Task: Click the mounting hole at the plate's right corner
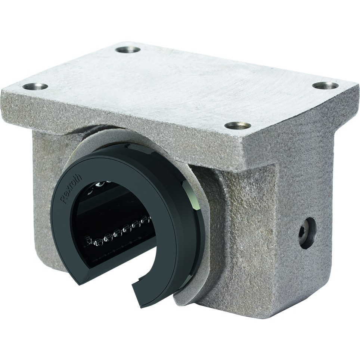(325, 86)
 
